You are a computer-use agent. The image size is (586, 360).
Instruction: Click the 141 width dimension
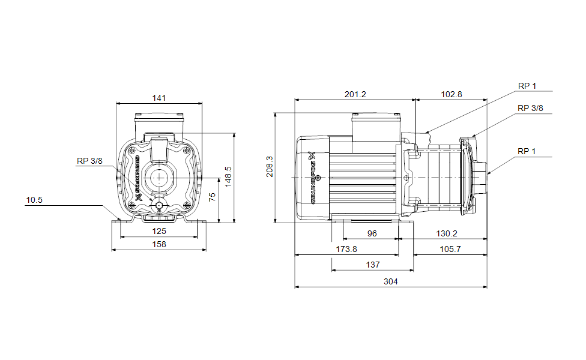(159, 98)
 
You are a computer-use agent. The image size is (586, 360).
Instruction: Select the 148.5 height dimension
(228, 177)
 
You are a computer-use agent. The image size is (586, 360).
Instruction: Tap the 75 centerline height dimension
(212, 197)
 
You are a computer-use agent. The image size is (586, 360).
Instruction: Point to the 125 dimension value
(159, 231)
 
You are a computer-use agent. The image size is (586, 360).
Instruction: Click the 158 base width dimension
(159, 244)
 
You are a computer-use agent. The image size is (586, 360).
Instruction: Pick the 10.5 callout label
(34, 200)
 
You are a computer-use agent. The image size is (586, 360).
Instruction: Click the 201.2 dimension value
(355, 94)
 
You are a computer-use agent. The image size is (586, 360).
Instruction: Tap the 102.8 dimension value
(452, 94)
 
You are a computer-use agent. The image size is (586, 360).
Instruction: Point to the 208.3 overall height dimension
(270, 167)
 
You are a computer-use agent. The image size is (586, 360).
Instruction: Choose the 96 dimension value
(372, 233)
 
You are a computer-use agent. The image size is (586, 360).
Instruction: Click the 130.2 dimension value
(447, 233)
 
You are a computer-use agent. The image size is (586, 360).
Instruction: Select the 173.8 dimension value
(346, 249)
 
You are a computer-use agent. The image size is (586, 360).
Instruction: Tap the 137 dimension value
(373, 265)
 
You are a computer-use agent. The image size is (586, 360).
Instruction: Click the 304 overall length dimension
(391, 281)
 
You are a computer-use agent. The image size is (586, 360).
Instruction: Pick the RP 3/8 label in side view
(530, 108)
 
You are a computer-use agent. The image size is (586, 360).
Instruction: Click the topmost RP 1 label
(527, 86)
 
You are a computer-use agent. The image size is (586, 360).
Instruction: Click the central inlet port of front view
(159, 178)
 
